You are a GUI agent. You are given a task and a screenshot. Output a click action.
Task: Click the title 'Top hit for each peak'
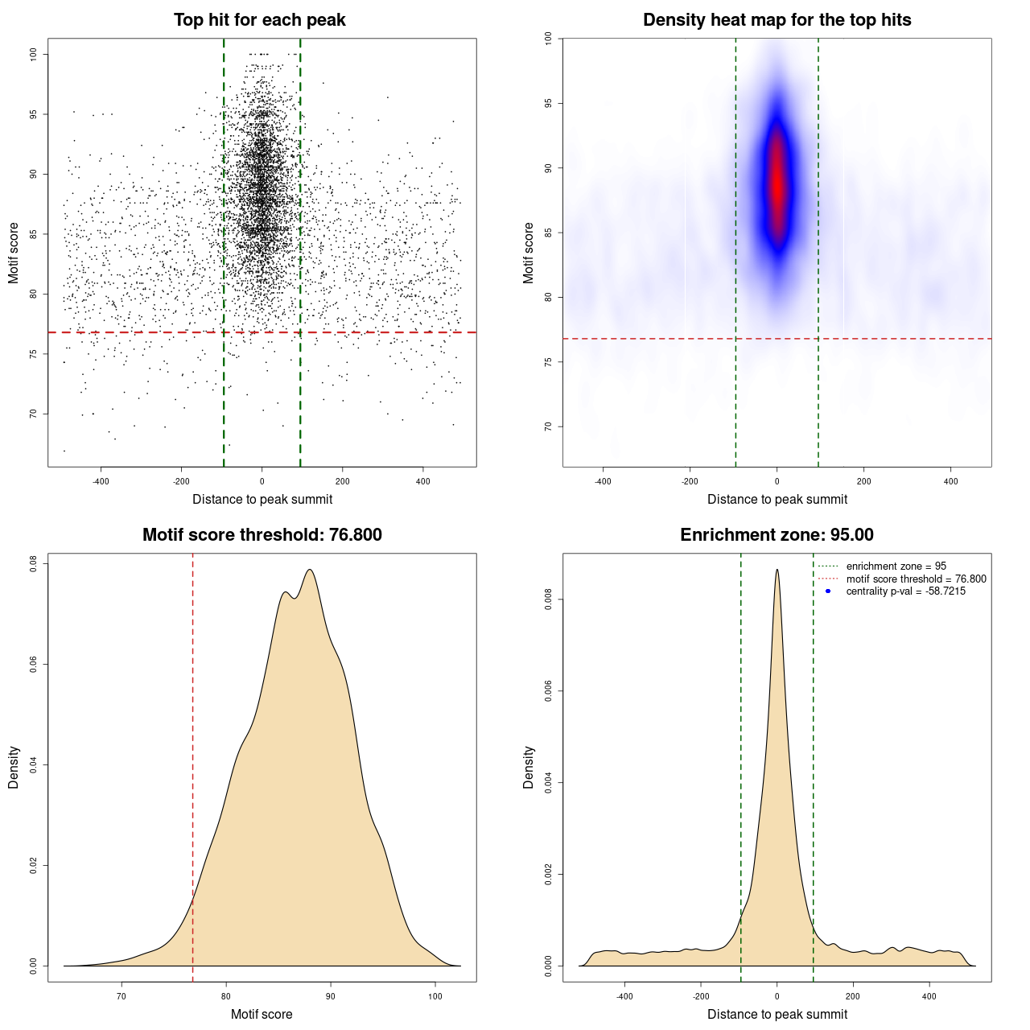coord(260,20)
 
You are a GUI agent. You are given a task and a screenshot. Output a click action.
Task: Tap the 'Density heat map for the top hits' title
coord(777,20)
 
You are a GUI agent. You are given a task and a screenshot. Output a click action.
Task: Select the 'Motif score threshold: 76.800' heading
coord(262,535)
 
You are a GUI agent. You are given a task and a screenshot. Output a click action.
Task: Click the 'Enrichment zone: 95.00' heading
coord(777,535)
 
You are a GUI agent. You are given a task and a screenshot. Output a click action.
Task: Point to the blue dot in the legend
coord(828,591)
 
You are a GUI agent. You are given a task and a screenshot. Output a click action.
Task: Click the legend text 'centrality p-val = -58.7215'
coord(905,591)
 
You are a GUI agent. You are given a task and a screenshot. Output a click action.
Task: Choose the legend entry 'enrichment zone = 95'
coord(896,566)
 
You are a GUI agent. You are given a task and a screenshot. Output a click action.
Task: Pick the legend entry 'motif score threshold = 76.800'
coord(916,579)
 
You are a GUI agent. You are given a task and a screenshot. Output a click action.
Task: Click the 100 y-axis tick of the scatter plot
coord(33,54)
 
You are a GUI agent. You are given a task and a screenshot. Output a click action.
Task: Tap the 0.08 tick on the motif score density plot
coord(33,564)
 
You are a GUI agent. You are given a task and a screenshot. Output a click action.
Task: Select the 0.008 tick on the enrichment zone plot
coord(548,599)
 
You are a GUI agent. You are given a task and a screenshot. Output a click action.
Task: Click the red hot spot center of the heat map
coord(777,185)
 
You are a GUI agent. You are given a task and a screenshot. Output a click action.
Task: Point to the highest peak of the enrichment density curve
coord(777,570)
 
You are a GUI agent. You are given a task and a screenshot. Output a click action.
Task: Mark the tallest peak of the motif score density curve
coord(309,571)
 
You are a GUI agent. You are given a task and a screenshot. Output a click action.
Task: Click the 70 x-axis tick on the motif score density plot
coord(122,996)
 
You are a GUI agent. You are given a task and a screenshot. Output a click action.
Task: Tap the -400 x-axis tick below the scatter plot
coord(101,481)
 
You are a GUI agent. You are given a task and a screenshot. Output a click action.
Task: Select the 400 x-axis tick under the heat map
coord(950,481)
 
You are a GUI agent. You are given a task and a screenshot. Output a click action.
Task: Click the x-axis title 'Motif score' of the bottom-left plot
coord(262,1014)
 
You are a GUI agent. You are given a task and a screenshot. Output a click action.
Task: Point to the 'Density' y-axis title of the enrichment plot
coord(529,767)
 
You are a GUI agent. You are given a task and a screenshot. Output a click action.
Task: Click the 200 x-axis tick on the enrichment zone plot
coord(853,996)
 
